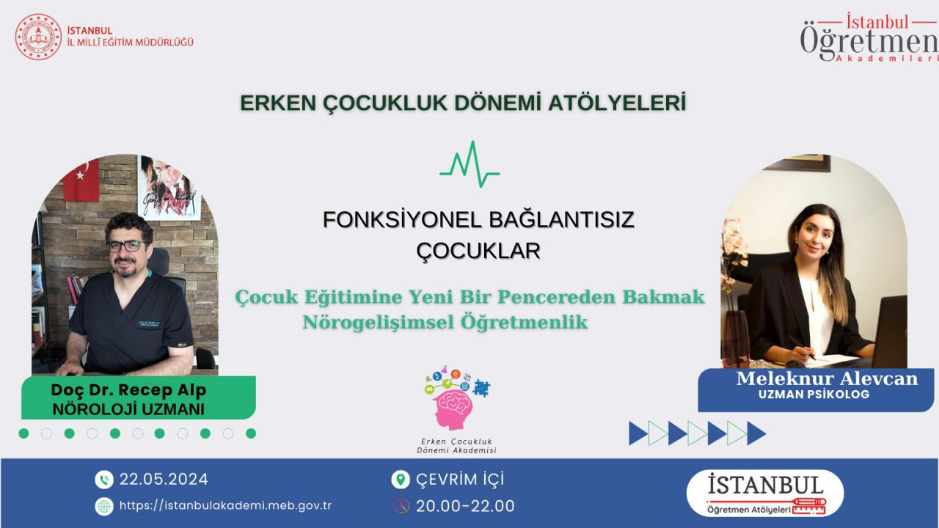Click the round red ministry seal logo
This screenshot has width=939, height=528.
click(38, 37)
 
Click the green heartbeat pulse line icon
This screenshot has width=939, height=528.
click(469, 164)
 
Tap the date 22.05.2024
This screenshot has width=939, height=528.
click(164, 480)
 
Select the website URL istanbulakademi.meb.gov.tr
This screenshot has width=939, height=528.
click(225, 506)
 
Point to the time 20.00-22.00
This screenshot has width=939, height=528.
click(465, 506)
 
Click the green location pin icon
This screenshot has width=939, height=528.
click(401, 480)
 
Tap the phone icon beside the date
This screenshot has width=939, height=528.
click(104, 480)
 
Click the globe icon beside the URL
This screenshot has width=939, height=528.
click(104, 506)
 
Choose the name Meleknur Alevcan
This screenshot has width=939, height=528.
click(827, 378)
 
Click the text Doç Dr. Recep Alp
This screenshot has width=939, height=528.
click(128, 390)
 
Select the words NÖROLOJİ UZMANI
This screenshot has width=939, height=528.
click(128, 409)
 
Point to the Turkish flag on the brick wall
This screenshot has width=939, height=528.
click(81, 181)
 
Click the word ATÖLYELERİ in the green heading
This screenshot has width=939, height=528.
click(617, 103)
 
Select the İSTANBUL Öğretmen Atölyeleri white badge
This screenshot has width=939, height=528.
click(765, 494)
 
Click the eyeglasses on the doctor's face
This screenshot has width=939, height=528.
click(126, 246)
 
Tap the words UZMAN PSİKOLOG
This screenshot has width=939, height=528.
click(814, 395)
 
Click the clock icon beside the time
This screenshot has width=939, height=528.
click(401, 506)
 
